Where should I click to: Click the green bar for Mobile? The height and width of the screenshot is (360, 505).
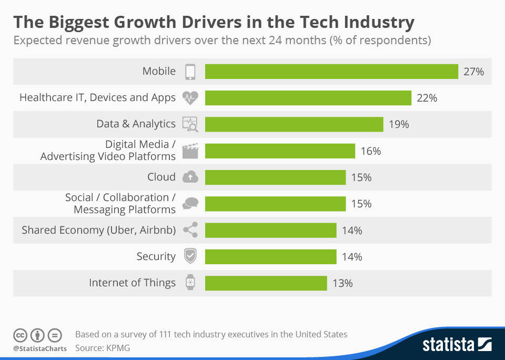(x=331, y=72)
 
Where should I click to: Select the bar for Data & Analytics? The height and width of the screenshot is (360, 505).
(x=294, y=124)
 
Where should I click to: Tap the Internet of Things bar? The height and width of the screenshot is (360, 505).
(x=266, y=283)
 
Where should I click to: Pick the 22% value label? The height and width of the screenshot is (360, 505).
(x=427, y=98)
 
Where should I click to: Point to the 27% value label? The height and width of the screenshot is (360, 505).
(x=473, y=72)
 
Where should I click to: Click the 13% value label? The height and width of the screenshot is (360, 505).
(x=342, y=283)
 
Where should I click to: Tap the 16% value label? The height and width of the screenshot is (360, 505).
(x=371, y=151)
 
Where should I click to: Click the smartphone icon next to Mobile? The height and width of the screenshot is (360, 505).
(x=190, y=72)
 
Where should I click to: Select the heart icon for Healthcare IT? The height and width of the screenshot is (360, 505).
(x=190, y=98)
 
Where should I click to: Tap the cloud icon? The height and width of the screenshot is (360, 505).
(x=190, y=177)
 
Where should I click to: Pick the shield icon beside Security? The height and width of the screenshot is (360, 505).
(x=190, y=257)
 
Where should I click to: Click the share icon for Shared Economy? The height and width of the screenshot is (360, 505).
(x=190, y=230)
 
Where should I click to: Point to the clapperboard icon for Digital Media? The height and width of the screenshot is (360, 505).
(x=190, y=152)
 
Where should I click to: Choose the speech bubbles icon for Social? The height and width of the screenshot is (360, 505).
(x=190, y=204)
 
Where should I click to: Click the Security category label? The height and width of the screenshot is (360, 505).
(x=156, y=256)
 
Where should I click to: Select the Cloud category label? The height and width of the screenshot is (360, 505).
(x=161, y=177)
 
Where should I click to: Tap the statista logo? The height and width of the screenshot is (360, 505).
(x=457, y=345)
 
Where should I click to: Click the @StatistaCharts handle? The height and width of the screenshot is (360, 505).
(x=40, y=348)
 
